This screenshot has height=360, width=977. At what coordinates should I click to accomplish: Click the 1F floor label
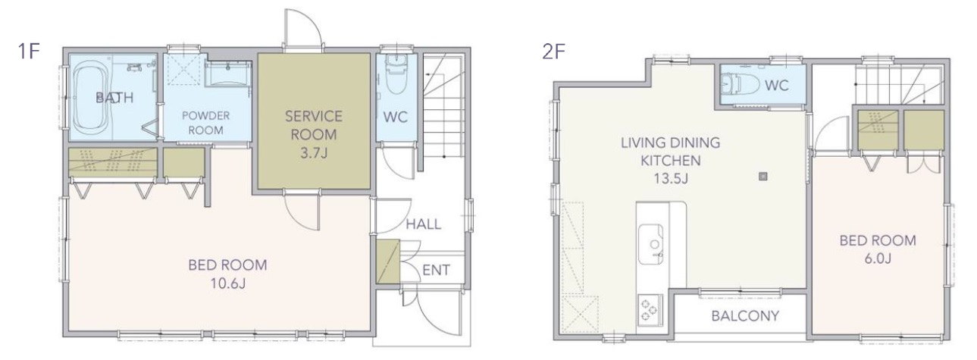click(29, 51)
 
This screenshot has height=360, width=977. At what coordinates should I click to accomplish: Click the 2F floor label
click(553, 52)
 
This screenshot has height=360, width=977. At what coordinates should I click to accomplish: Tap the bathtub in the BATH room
click(90, 101)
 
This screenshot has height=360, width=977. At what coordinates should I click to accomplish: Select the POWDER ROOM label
click(205, 123)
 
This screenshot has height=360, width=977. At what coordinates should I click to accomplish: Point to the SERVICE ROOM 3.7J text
click(314, 134)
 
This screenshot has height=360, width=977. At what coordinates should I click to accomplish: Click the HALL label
click(424, 224)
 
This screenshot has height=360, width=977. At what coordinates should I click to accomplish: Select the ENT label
click(436, 270)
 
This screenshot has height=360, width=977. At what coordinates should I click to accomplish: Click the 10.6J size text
click(228, 283)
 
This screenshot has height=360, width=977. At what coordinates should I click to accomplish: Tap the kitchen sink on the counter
click(651, 244)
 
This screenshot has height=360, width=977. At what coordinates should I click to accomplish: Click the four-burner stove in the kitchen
click(650, 309)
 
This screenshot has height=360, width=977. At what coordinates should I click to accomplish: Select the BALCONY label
click(745, 315)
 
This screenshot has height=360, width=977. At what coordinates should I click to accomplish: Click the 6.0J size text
click(878, 258)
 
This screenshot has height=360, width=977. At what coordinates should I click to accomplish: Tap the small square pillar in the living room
click(762, 177)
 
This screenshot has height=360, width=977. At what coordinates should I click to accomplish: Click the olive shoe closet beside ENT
click(388, 261)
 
